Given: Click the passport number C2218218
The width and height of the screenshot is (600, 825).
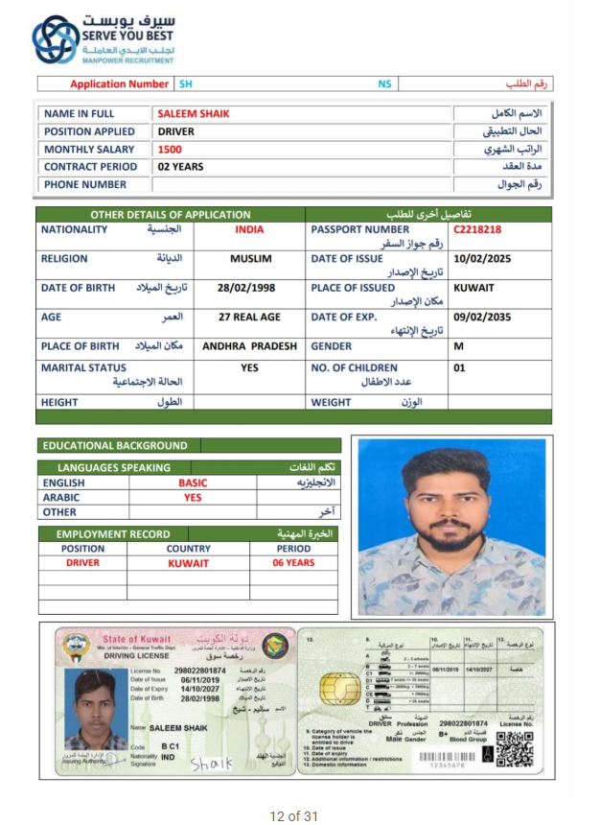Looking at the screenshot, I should [477, 230].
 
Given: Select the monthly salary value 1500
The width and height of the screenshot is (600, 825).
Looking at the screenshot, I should [170, 150].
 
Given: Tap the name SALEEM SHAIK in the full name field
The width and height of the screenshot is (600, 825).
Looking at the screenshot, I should [194, 114].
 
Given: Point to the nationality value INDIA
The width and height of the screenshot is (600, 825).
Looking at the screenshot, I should [249, 230].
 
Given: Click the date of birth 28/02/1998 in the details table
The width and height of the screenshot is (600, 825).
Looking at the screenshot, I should [248, 288].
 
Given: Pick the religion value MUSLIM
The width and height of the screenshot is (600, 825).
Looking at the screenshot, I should [250, 259].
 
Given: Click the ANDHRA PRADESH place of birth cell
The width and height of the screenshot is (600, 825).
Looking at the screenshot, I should [250, 346].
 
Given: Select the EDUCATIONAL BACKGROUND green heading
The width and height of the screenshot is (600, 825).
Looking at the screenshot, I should [115, 446].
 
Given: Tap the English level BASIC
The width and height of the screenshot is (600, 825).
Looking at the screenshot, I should [193, 483].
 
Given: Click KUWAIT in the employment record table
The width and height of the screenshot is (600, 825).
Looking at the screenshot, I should [188, 563].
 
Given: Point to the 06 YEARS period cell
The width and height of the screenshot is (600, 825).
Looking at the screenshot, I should [293, 563].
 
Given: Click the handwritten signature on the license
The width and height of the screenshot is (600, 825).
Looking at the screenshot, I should [212, 764].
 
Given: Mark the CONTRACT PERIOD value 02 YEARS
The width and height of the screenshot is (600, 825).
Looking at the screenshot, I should [180, 167].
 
